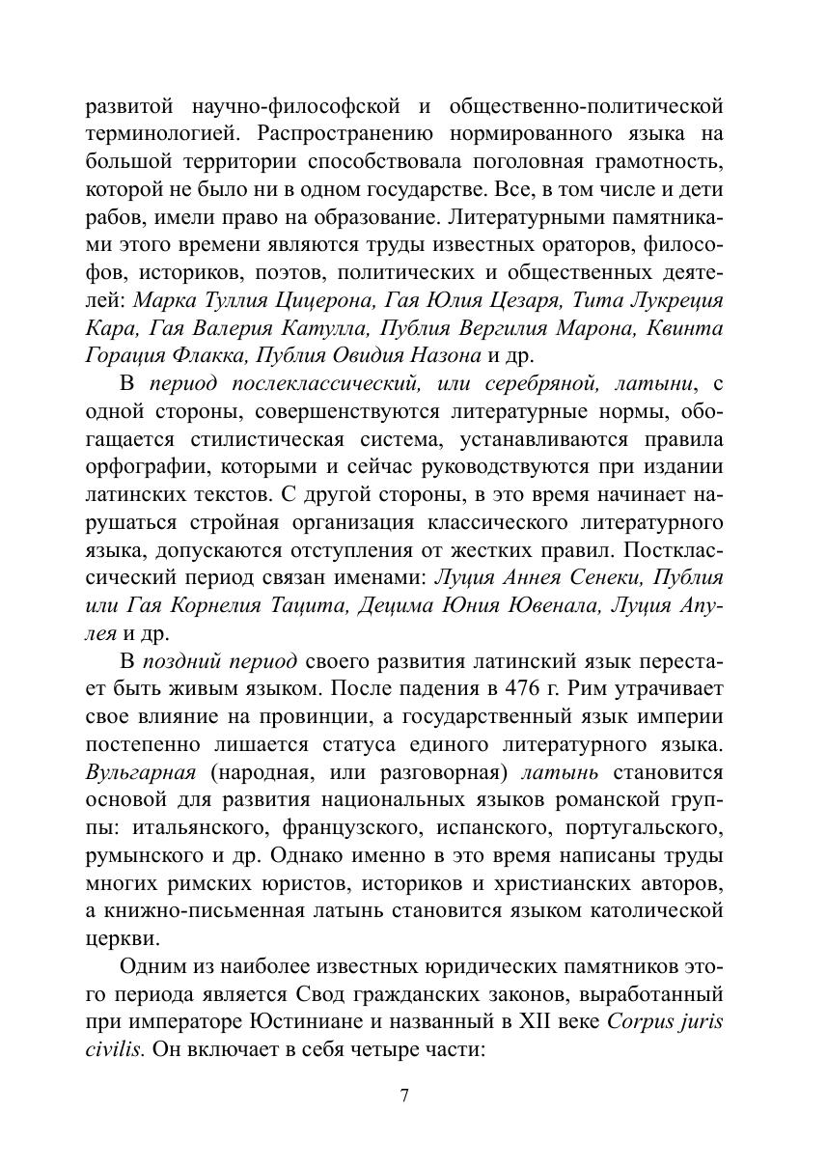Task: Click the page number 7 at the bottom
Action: (404, 1095)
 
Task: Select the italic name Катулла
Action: (321, 328)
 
